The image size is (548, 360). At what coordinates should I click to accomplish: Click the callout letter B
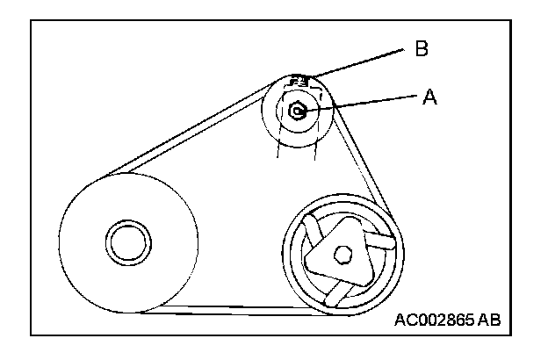[x=421, y=49]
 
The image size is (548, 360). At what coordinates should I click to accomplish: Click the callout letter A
[x=429, y=97]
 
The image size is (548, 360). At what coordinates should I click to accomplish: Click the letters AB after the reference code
[x=490, y=320]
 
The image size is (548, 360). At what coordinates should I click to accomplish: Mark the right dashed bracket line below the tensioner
[x=314, y=145]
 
